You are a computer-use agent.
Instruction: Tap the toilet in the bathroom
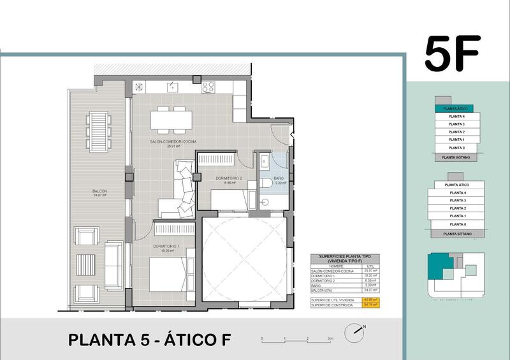coord(267,183)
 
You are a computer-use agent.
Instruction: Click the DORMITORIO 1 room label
coord(166,247)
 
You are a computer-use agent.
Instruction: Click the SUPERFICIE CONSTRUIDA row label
coord(331,305)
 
